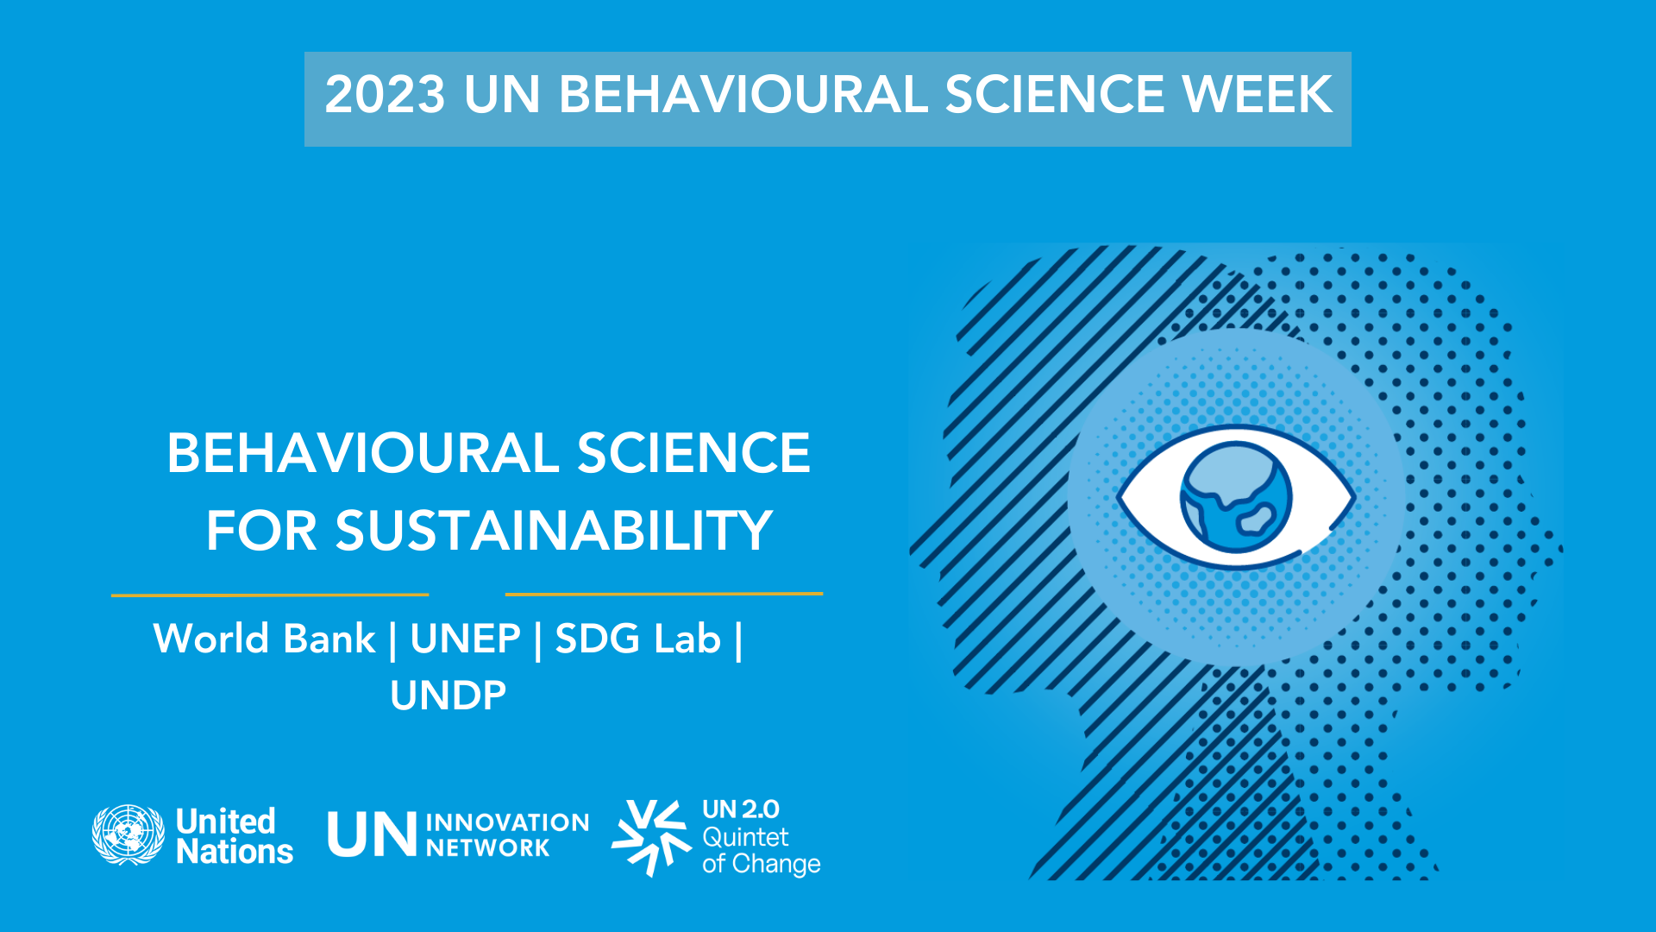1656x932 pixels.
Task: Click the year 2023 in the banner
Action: [385, 94]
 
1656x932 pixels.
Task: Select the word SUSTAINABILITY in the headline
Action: [554, 530]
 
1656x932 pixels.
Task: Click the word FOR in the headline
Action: [261, 530]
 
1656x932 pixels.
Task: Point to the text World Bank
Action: [264, 639]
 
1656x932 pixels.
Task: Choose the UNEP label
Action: [465, 639]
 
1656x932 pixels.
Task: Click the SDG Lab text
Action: [637, 639]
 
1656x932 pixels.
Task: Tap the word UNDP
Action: [448, 696]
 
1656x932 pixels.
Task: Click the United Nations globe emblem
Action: [129, 834]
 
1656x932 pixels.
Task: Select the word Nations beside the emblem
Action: [235, 852]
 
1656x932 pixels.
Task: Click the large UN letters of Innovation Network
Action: [372, 834]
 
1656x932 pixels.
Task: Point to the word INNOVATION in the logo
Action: [507, 822]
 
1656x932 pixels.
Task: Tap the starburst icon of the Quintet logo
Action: [651, 837]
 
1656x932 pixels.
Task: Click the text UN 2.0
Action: [741, 809]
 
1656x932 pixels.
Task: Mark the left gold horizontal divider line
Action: [270, 595]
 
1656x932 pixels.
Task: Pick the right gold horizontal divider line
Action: [664, 594]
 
